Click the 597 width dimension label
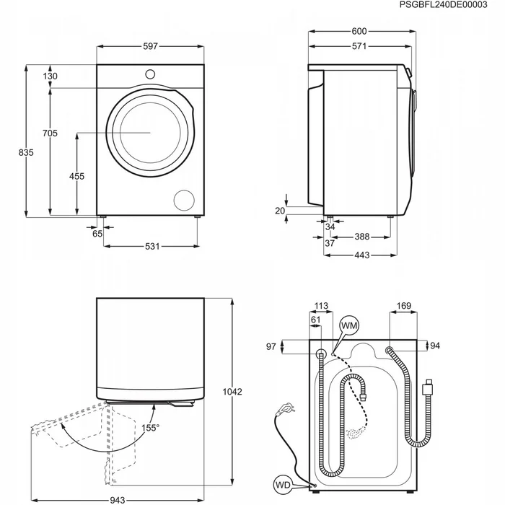pos(150,46)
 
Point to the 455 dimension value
pos(76,176)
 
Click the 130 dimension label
pos(50,76)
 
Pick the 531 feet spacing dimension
pos(151,247)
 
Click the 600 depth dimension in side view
pos(359,31)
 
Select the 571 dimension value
pos(359,47)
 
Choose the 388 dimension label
pos(362,237)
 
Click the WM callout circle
pos(349,326)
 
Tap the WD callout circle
pos(282,484)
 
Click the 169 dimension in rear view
pos(404,307)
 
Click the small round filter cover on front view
pos(185,200)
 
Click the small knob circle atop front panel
pos(151,73)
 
